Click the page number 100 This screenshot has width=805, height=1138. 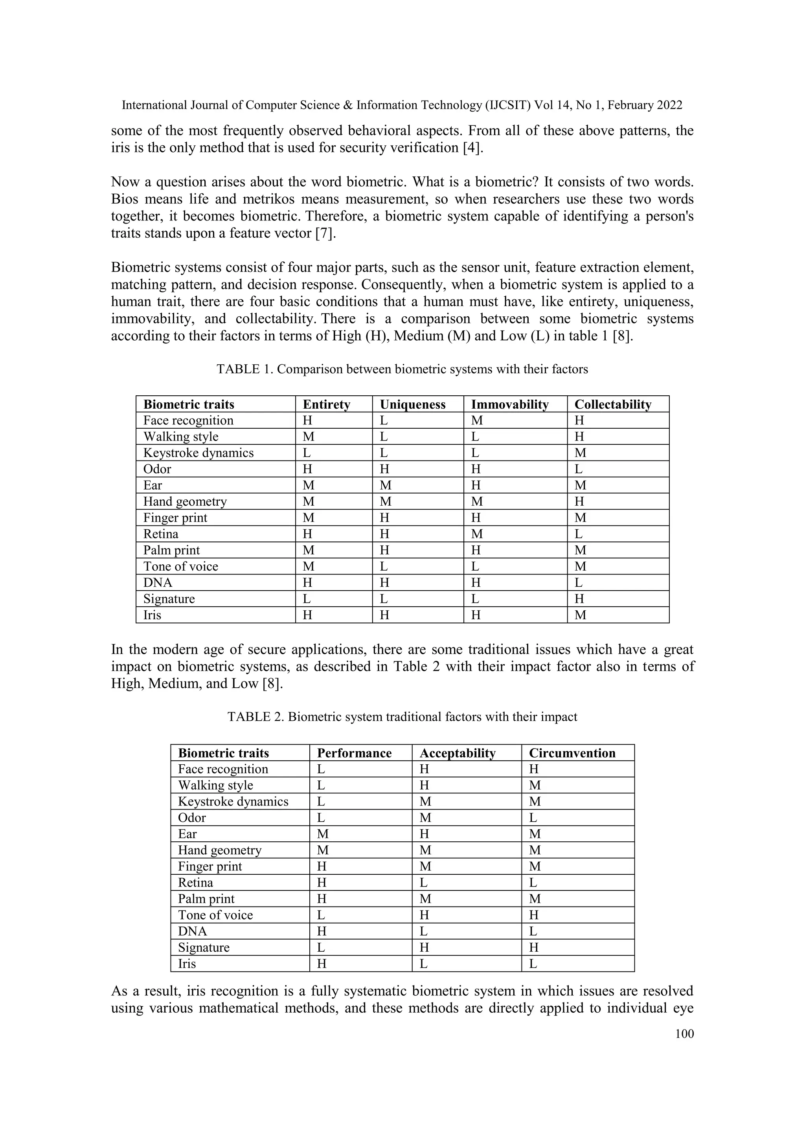pos(684,1033)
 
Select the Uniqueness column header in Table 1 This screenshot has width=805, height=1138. pos(412,404)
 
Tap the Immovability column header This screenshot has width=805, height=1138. pos(509,404)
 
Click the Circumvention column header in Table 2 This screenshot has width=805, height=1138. pos(572,753)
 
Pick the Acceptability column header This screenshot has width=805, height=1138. pos(458,753)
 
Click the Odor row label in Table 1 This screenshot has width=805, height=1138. pos(157,469)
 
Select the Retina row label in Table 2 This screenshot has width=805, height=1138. pos(195,882)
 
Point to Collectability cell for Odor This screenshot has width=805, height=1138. pos(579,469)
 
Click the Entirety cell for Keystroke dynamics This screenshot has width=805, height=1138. pos(307,453)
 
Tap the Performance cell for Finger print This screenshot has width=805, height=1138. pos(321,866)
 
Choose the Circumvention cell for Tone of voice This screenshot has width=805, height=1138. pos(534,915)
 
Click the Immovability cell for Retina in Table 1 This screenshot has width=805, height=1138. pos(477,534)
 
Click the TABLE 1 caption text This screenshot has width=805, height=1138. pos(402,369)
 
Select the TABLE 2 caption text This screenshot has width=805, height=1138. pos(402,717)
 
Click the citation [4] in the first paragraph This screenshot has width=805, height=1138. pos(471,148)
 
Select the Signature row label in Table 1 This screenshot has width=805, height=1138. pos(169,599)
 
